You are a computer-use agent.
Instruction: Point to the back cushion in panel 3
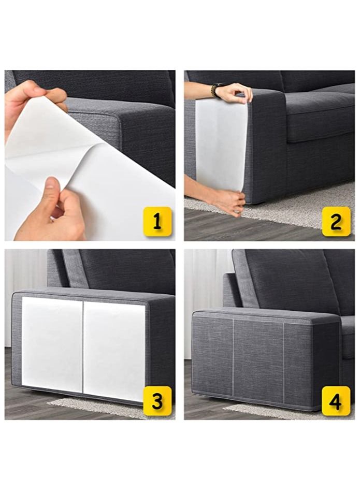pyautogui.click(x=124, y=272)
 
